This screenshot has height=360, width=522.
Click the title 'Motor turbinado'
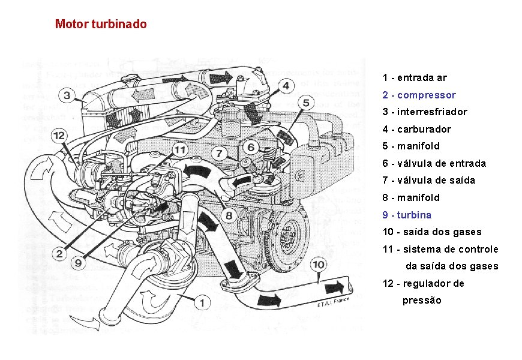[100, 25]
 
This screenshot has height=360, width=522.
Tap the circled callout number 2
[59, 254]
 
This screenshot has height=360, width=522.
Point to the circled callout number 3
[67, 95]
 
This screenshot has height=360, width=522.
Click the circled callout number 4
[286, 86]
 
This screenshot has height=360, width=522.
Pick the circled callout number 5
[306, 103]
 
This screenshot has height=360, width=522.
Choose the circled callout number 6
[251, 148]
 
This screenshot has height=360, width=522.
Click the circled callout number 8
[229, 215]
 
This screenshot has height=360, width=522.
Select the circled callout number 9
[79, 262]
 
